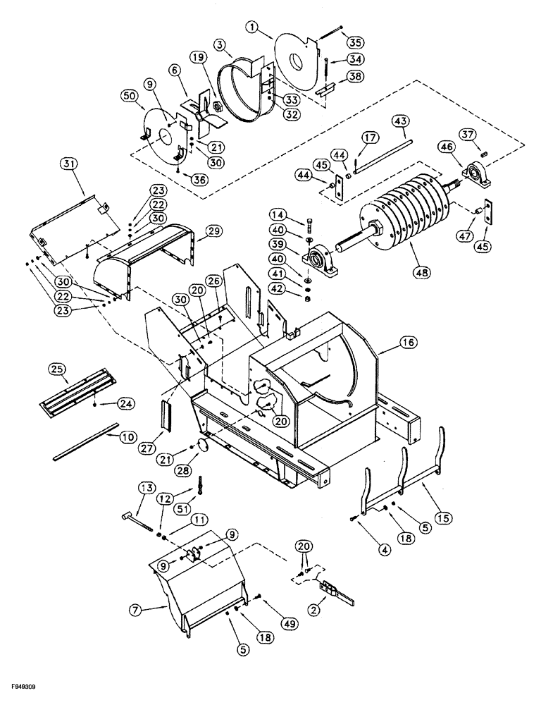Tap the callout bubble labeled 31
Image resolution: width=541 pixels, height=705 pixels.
tap(68, 164)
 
